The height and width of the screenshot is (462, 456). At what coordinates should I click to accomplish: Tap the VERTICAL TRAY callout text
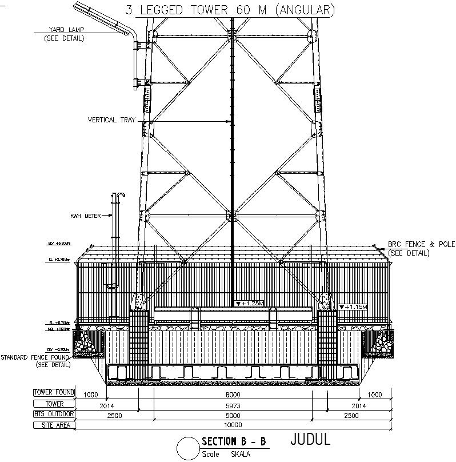point(111,120)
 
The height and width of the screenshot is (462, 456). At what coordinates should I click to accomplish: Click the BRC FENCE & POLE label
point(421,245)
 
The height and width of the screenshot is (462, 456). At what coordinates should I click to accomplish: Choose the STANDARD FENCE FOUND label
point(35,357)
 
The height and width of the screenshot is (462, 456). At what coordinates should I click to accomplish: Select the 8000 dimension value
point(231,395)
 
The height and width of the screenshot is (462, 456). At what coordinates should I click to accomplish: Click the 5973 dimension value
point(231,405)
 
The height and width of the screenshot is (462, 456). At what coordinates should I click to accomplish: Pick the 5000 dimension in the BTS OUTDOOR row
point(231,416)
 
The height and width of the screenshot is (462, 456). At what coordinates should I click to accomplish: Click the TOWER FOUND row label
point(54,393)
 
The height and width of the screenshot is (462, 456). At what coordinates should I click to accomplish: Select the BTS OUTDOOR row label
point(54,414)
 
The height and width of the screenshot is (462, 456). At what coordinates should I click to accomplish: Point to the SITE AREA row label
point(54,425)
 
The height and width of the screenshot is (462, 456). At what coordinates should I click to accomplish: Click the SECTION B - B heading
point(234,441)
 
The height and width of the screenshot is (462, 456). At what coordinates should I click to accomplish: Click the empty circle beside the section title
point(187,447)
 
